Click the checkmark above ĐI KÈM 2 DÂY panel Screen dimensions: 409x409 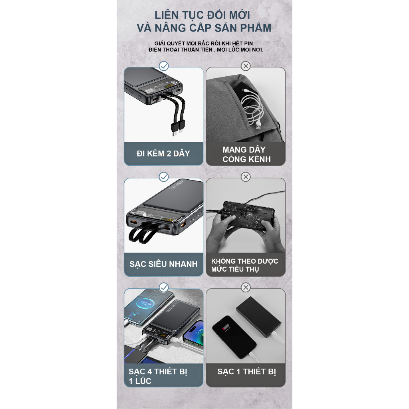click(x=164, y=66)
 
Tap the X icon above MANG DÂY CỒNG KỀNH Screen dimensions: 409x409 click(x=246, y=66)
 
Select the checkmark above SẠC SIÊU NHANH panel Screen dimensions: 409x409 click(x=164, y=177)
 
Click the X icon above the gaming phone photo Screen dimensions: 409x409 click(x=246, y=177)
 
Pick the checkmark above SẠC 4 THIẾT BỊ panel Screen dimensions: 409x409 click(x=164, y=287)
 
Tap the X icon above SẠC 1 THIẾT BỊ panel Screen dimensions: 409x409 click(x=246, y=287)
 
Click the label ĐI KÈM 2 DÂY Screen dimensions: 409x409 click(x=163, y=153)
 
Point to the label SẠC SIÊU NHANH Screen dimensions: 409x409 click(x=163, y=264)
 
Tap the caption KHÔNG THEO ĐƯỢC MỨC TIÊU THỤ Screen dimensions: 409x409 click(x=244, y=265)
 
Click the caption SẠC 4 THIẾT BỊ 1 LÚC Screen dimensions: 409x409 click(x=158, y=376)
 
